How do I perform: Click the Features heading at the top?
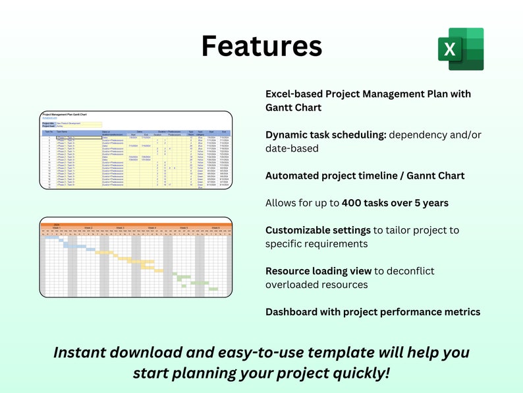[261, 46]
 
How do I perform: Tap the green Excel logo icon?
[460, 49]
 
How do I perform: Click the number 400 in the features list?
[353, 203]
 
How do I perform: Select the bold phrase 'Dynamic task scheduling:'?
[325, 135]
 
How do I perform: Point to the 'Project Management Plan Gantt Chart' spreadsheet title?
[69, 114]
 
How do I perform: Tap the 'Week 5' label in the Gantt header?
[182, 227]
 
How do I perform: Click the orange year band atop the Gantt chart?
[135, 224]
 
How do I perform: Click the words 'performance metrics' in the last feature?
[426, 312]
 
